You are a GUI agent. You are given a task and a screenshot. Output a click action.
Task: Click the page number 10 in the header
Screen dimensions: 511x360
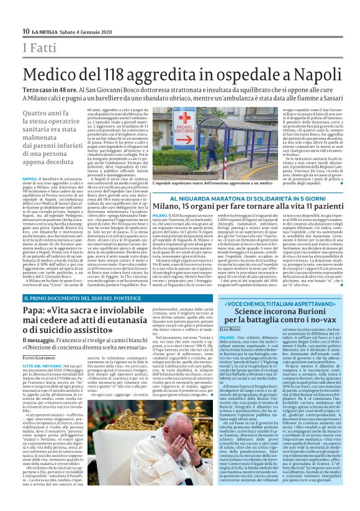[25, 32]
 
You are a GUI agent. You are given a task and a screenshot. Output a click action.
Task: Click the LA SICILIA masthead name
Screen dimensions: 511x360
[45, 32]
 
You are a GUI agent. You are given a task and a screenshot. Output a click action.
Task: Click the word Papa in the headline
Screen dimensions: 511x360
[35, 332]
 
